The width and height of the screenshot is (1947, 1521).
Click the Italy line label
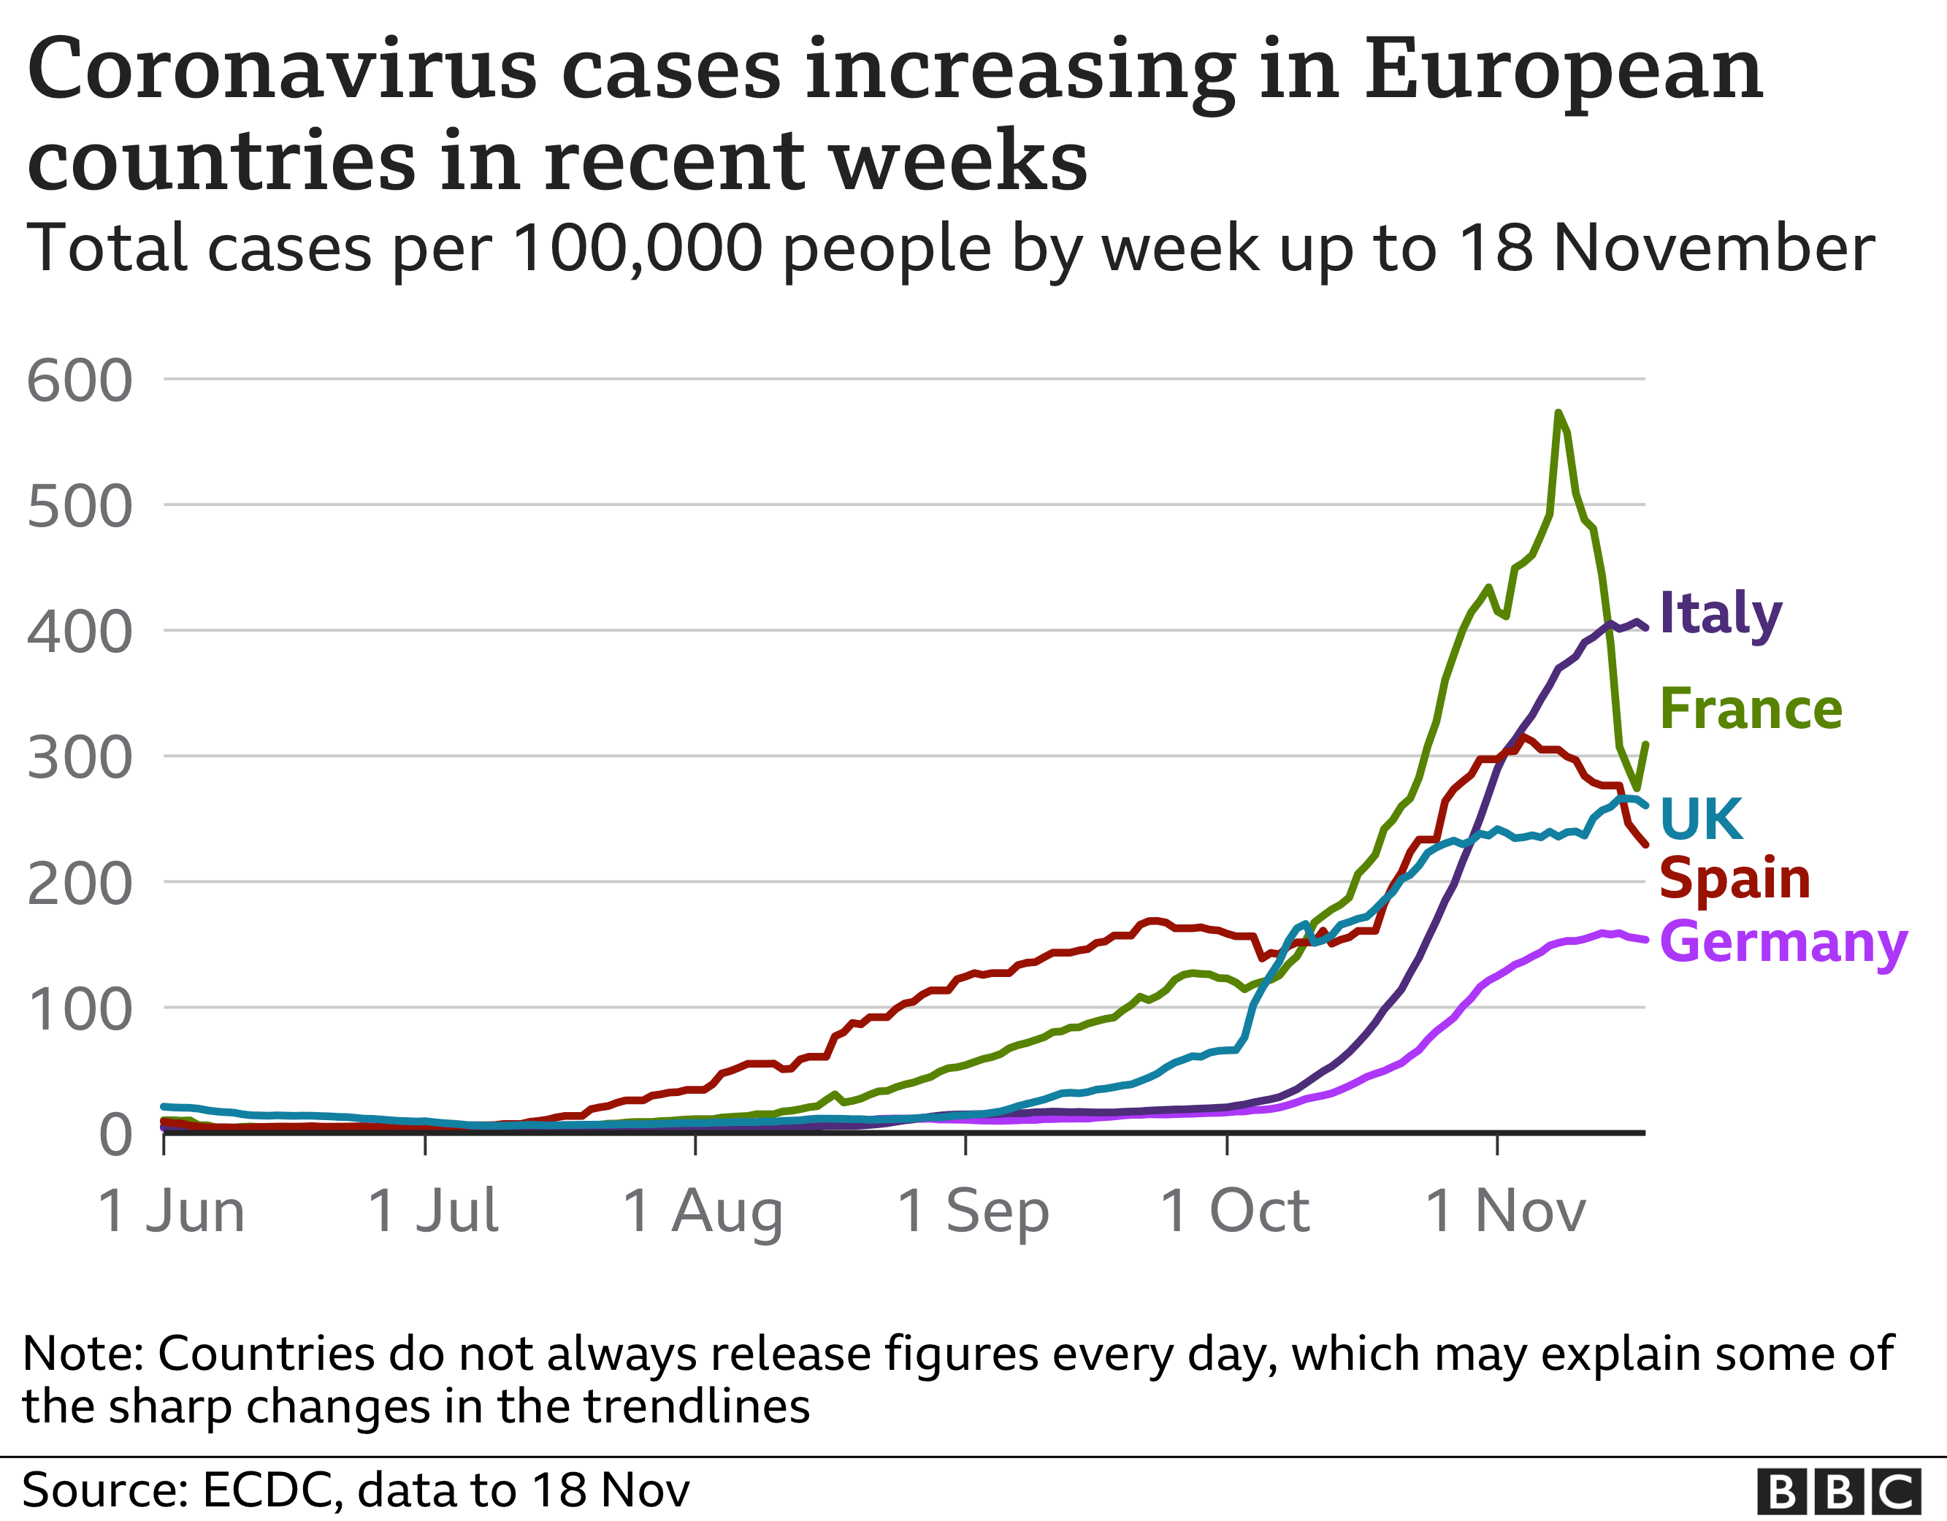(x=1721, y=615)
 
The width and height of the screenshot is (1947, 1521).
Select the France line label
(x=1751, y=710)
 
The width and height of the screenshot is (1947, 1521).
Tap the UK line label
(x=1701, y=819)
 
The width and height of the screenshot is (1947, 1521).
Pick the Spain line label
(x=1734, y=879)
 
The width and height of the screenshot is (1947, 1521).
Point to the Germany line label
(x=1783, y=943)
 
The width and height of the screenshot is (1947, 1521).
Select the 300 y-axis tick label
(x=80, y=759)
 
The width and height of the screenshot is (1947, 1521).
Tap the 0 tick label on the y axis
(x=116, y=1137)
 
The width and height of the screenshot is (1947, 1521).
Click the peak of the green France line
(x=1558, y=413)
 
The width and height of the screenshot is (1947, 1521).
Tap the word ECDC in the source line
(x=265, y=1490)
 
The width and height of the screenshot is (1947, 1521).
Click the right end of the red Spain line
(x=1644, y=843)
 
